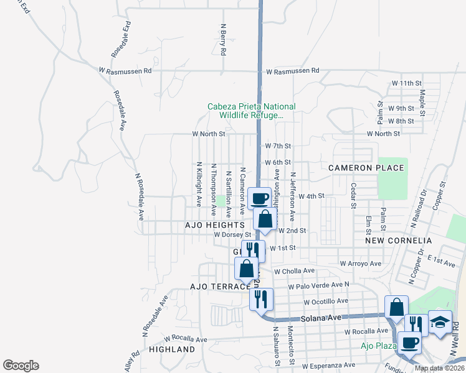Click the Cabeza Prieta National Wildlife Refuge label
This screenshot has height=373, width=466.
coord(252,111)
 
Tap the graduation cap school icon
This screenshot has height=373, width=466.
coord(440,323)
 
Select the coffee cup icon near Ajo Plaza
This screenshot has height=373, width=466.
coord(409,343)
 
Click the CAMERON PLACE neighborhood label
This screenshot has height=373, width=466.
coord(368,168)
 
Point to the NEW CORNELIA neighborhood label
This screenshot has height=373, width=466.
coord(399,240)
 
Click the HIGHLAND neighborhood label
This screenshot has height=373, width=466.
coord(172,350)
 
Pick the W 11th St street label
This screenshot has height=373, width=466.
coord(407,83)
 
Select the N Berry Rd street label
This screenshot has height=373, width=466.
coord(222,39)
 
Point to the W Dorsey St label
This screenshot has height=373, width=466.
coord(232,235)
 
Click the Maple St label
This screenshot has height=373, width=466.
coord(422,103)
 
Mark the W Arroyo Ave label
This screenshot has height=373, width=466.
coord(361,264)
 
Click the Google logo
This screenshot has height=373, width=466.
coord(21,366)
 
